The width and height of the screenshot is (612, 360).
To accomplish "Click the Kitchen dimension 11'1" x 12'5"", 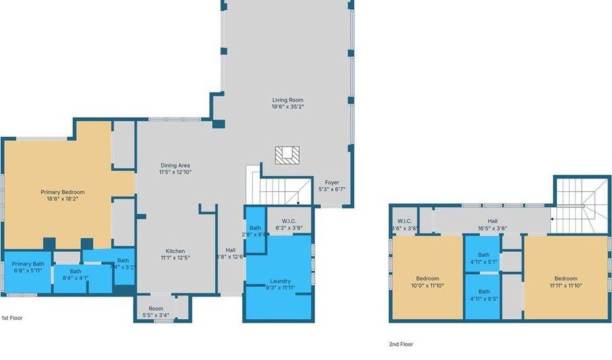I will coord(175,257).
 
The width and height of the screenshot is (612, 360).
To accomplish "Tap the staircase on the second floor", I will coord(581,202).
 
